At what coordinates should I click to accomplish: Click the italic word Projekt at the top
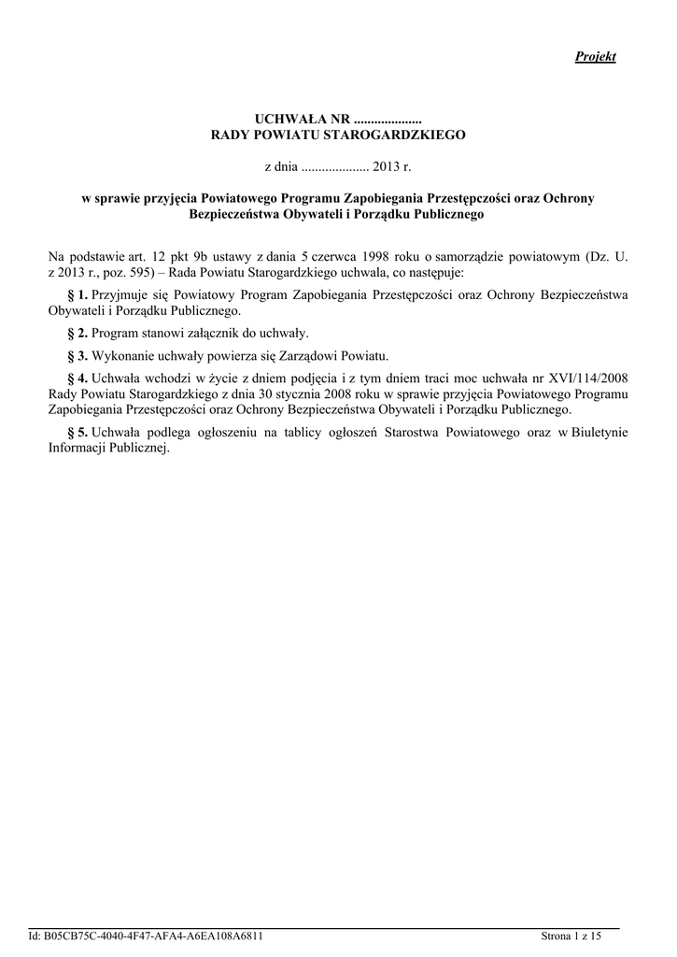pyautogui.click(x=595, y=57)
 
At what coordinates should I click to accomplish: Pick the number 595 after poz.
pyautogui.click(x=150, y=273)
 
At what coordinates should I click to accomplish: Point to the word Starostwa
pyautogui.click(x=437, y=433)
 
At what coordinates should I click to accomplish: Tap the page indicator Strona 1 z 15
pyautogui.click(x=571, y=936)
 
